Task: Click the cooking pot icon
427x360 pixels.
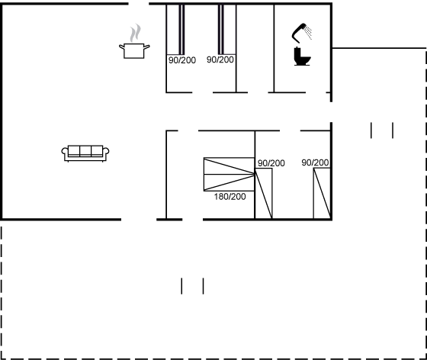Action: click(x=134, y=50)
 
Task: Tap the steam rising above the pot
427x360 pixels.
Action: click(x=136, y=33)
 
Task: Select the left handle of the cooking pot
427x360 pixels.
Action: click(x=121, y=47)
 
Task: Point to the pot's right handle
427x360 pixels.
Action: click(x=146, y=47)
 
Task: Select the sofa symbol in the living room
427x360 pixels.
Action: click(x=85, y=153)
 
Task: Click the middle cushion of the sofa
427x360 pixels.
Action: click(x=85, y=151)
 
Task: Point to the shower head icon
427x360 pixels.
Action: click(x=298, y=34)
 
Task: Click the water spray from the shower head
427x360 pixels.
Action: click(x=308, y=33)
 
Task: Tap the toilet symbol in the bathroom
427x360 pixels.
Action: click(x=302, y=56)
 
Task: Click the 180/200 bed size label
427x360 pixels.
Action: click(x=230, y=197)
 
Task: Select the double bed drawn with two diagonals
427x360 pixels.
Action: click(x=229, y=175)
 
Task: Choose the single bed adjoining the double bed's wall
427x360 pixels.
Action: click(x=264, y=193)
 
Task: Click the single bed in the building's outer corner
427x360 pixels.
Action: click(x=322, y=193)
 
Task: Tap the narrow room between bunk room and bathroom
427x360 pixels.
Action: click(x=255, y=49)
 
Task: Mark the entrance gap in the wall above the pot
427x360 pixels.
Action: click(x=139, y=4)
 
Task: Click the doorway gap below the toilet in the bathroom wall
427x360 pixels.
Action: click(x=316, y=92)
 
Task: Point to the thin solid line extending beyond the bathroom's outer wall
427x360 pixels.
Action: click(x=379, y=48)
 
